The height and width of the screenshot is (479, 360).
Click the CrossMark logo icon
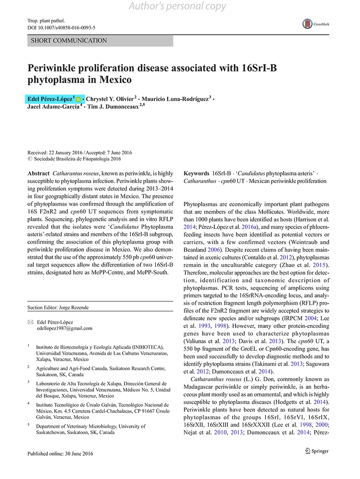308,24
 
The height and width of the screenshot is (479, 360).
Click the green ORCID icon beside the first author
79,100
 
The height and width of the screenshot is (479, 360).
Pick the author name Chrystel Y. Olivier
111,99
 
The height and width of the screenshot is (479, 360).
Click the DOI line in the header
62,28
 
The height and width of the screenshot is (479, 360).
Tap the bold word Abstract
39,174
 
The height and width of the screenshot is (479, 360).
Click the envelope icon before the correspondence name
30,322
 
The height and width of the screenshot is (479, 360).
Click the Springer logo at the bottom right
317,451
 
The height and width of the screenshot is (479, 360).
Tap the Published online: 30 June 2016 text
60,454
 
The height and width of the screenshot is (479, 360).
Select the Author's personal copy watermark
177,6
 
